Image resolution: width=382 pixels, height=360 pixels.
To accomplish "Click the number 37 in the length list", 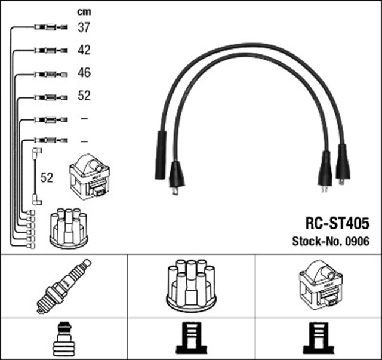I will coord(84,27).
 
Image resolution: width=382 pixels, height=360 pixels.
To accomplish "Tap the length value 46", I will coord(84,73).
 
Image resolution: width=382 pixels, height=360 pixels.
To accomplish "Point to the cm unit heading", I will coord(84,11).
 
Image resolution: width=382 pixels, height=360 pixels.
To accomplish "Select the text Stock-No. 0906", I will coord(330,241).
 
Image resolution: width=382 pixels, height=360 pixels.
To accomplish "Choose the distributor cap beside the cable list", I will coord(68,227).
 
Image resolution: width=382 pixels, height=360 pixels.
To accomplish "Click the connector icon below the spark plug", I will coord(64,339).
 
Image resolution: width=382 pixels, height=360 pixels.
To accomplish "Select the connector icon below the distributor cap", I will coord(191,339).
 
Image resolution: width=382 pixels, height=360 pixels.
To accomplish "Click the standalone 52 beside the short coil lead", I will coord(46,177).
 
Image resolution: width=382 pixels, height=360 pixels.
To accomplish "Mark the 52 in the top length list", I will coord(84,96).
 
